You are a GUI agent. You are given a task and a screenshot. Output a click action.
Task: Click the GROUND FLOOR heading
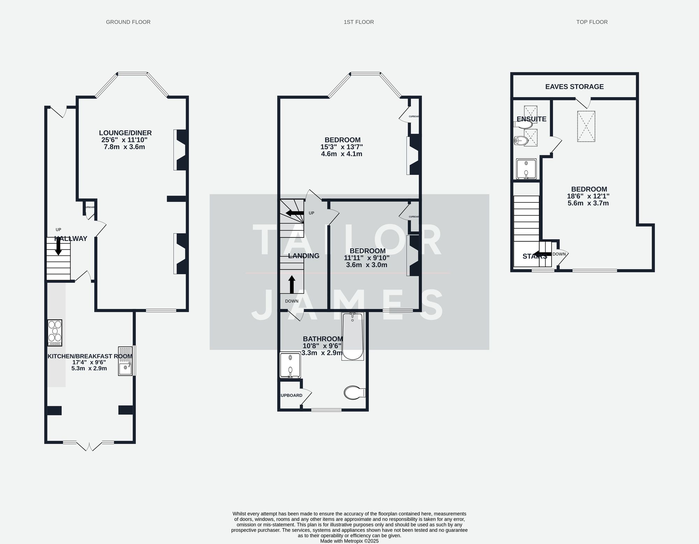128,22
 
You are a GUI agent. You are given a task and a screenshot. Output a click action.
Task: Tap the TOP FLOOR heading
592,22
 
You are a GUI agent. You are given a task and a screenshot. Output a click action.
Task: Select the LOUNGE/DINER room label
125,133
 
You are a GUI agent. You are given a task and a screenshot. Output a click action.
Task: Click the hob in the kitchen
55,333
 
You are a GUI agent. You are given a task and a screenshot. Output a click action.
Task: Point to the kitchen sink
125,361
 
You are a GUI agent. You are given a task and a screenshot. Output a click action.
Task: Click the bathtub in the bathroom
353,336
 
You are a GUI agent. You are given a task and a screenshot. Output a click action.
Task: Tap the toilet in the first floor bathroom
354,393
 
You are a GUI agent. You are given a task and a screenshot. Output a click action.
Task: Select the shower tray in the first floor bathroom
290,365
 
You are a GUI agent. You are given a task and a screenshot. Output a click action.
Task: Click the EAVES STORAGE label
574,87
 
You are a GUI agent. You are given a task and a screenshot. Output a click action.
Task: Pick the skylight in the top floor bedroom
586,126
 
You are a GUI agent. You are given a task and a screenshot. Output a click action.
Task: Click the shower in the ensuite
526,169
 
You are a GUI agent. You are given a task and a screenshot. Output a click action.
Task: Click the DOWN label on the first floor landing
291,301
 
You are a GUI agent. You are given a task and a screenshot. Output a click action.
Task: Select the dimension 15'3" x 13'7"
341,147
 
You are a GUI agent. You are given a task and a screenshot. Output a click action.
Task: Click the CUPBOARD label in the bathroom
290,395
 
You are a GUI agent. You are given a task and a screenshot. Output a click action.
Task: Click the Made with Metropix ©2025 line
349,541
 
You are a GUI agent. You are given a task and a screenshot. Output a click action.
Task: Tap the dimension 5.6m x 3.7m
588,203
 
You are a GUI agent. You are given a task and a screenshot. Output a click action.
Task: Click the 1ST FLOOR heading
359,22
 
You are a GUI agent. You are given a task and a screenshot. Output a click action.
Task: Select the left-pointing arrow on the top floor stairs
541,254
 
